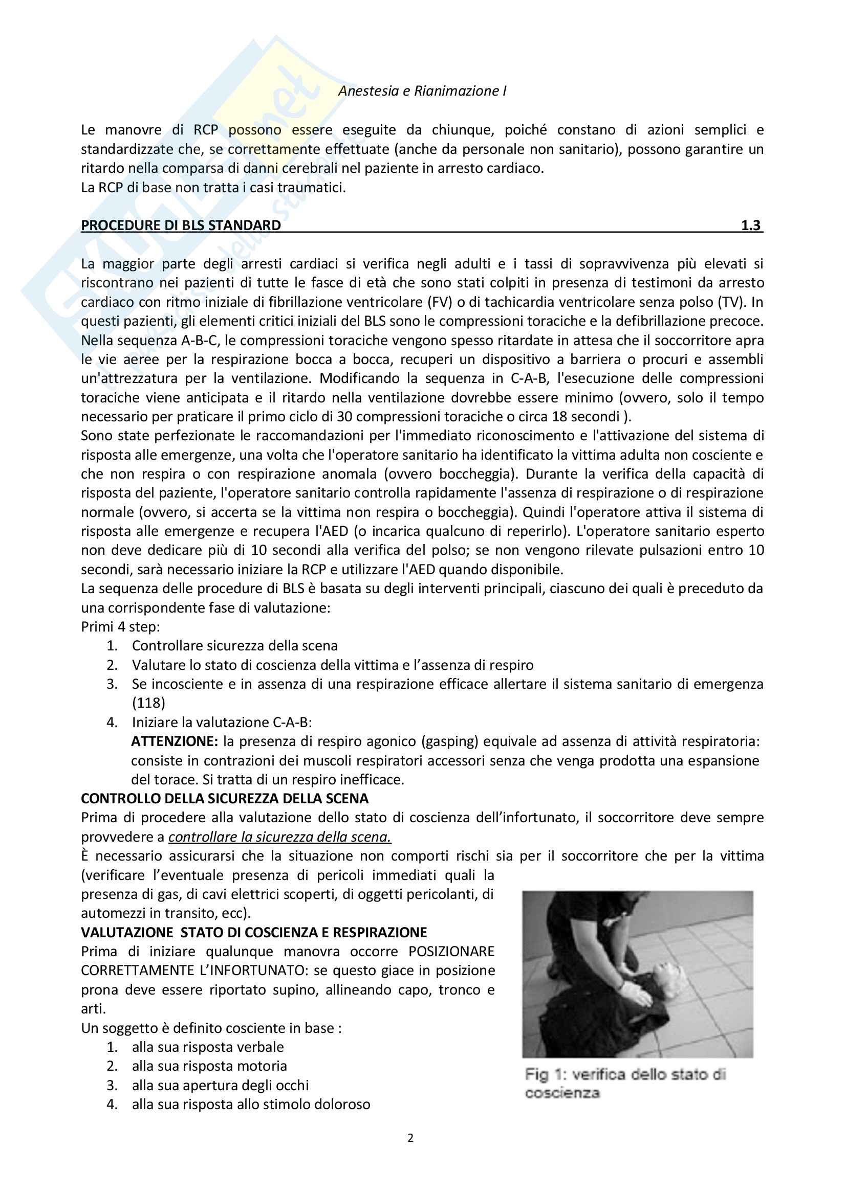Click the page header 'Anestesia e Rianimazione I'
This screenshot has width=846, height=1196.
[x=422, y=91]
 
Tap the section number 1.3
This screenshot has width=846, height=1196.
[x=751, y=225]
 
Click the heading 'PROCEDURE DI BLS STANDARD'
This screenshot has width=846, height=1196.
[x=181, y=225]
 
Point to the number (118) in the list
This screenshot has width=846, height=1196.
[x=148, y=703]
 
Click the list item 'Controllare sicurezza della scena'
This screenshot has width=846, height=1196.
[x=234, y=646]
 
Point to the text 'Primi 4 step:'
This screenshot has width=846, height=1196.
[x=120, y=627]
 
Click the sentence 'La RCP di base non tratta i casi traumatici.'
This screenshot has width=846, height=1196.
[x=213, y=188]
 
